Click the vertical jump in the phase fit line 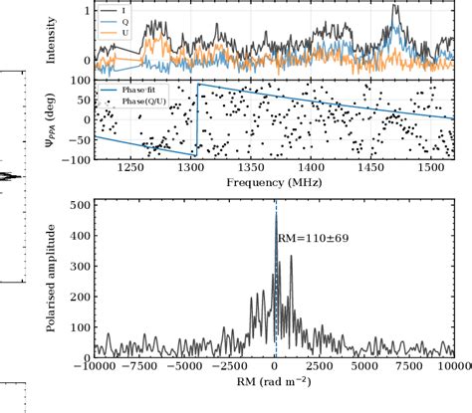pyautogui.click(x=197, y=119)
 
